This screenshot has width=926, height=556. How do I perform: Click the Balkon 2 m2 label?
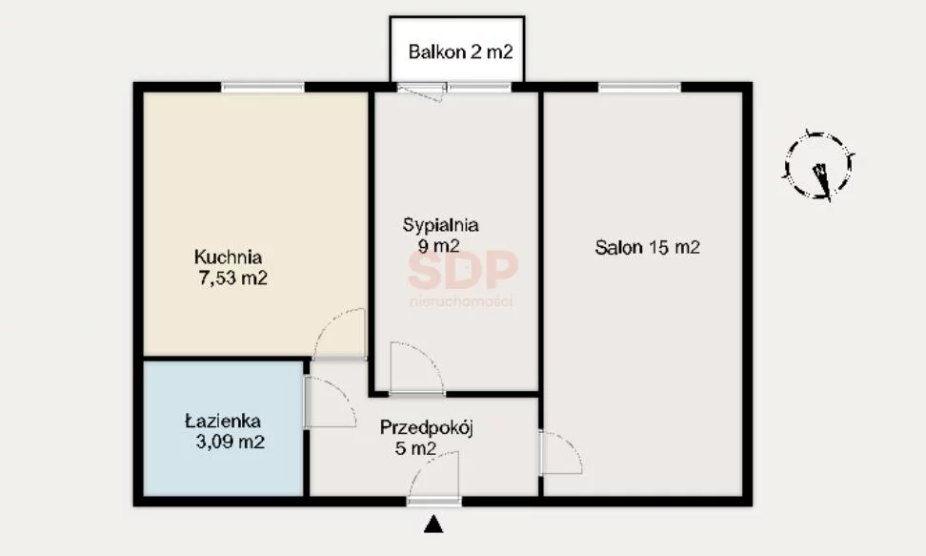(460, 52)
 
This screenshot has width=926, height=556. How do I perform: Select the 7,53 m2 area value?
(232, 278)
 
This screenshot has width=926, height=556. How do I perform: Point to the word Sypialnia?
(440, 225)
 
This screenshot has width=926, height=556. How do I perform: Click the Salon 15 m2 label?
(647, 247)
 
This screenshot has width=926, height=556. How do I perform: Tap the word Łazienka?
(223, 422)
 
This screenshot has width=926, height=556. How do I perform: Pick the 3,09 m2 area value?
(231, 442)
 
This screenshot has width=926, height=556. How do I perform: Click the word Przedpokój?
(427, 427)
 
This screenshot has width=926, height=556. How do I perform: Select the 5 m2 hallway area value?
(415, 448)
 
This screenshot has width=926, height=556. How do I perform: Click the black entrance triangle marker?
(433, 525)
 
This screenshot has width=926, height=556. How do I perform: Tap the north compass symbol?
(819, 166)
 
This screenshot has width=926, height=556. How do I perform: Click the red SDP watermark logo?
(462, 269)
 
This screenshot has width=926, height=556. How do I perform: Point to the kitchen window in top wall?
(263, 88)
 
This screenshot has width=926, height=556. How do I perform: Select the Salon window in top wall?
(639, 88)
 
